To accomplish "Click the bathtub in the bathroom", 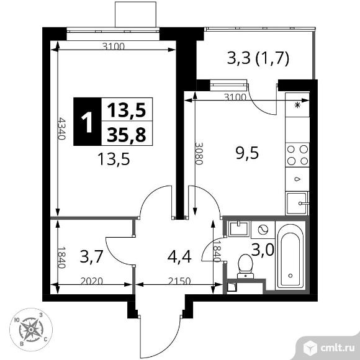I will [x=290, y=257].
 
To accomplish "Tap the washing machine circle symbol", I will [x=262, y=229].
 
